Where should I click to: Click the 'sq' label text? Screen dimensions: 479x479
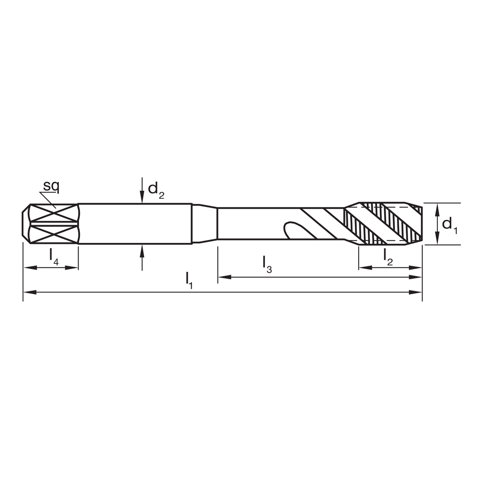pos(50,186)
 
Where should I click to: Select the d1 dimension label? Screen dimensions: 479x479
pos(449,224)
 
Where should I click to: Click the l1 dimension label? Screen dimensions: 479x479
pos(189,279)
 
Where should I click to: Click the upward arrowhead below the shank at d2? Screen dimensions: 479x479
pos(142,250)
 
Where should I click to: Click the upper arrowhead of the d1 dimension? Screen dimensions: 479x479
pos(437,207)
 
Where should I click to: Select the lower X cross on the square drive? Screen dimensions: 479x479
pos(53,234)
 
